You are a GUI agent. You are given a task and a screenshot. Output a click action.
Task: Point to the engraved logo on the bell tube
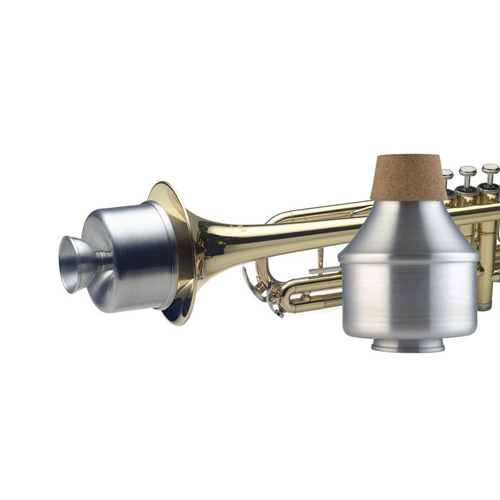tap(241, 229)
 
